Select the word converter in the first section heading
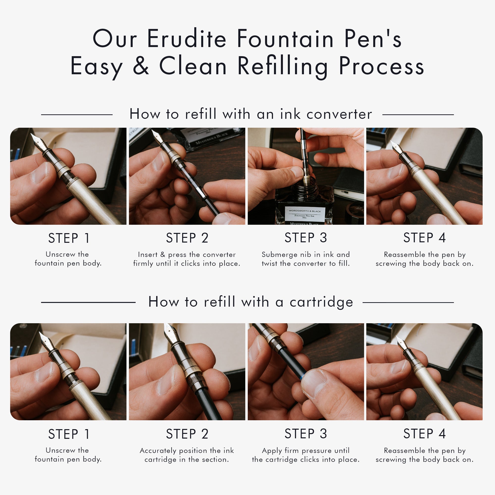pos(339,114)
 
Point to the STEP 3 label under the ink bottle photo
pos(306,238)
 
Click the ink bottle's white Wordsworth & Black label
pos(305,213)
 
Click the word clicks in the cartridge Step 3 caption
pos(310,459)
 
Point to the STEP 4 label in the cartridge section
pos(424,434)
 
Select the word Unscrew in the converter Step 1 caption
pos(60,254)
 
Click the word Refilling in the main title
pos(282,66)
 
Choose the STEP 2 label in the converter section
pos(187,238)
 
